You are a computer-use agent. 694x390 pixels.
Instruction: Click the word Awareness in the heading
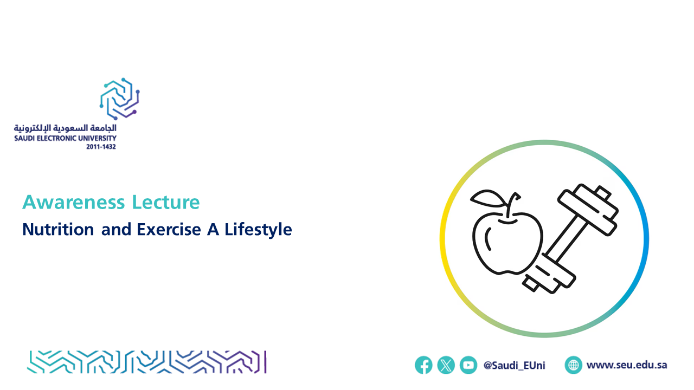click(73, 203)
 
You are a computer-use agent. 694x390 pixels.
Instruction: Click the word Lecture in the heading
click(166, 203)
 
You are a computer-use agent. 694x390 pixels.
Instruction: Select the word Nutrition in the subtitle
click(58, 230)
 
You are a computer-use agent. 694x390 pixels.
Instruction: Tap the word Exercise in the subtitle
click(169, 230)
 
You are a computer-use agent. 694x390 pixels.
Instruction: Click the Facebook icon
click(423, 365)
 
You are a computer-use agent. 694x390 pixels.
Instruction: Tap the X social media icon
click(446, 365)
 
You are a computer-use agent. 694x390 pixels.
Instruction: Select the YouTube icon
click(468, 365)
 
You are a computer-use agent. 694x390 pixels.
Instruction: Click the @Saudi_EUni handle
click(515, 366)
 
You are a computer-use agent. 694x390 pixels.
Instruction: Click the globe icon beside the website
click(573, 365)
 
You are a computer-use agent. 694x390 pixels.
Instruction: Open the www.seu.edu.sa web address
click(626, 365)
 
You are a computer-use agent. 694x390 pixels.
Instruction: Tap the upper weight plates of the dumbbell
click(588, 210)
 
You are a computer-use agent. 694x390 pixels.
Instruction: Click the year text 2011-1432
click(101, 147)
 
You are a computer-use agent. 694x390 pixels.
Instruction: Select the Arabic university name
click(65, 128)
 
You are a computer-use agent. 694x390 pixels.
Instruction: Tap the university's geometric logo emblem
click(120, 99)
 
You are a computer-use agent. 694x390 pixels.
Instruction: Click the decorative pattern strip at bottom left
click(147, 362)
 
